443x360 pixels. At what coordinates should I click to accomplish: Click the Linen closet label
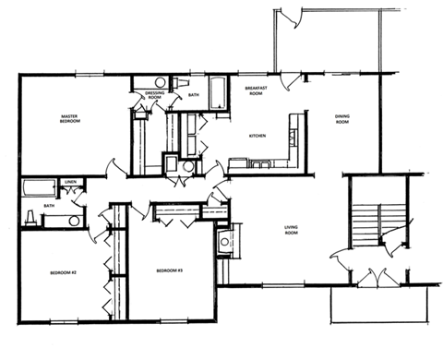click(69, 183)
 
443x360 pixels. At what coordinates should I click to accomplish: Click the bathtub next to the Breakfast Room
click(219, 92)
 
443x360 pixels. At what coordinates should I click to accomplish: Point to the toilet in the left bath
click(30, 217)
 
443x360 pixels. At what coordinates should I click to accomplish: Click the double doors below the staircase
click(379, 277)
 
